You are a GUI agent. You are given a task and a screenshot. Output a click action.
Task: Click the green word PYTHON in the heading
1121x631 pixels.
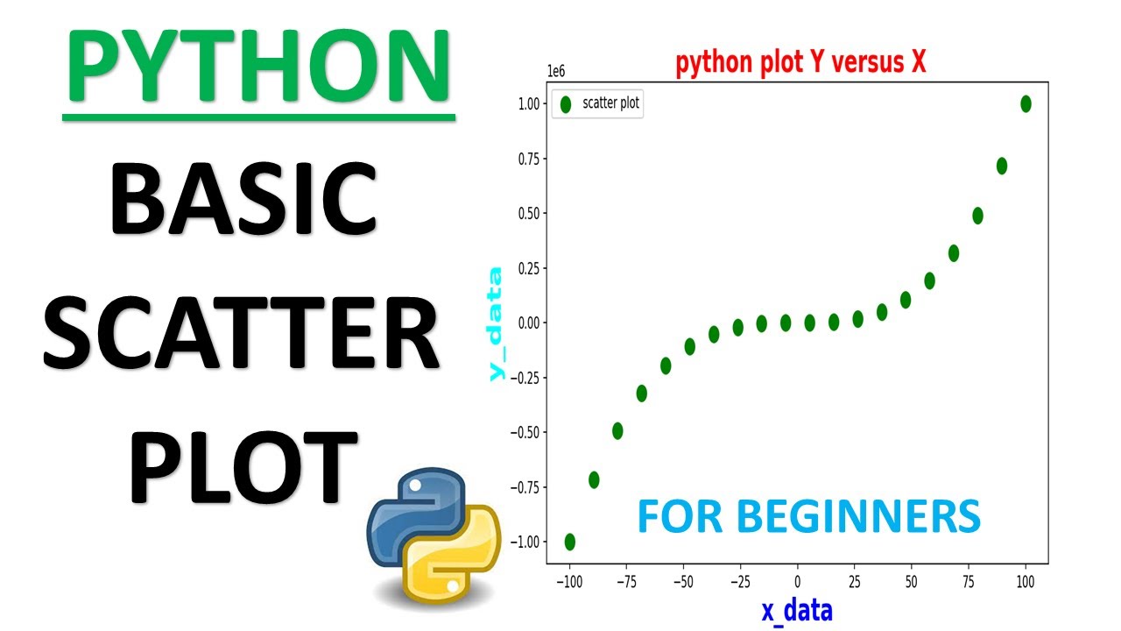pos(259,67)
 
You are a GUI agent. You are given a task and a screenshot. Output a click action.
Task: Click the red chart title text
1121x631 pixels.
pos(800,63)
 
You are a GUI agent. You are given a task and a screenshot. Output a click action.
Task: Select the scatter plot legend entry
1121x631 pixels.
pos(597,103)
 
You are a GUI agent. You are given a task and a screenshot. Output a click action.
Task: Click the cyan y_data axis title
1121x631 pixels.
pos(497,323)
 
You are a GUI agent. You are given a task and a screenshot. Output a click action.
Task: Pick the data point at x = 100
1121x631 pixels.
pos(1026,104)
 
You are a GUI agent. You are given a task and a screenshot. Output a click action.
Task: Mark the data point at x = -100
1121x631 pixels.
pos(570,542)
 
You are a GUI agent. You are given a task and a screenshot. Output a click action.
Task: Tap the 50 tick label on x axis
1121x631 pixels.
pos(911,581)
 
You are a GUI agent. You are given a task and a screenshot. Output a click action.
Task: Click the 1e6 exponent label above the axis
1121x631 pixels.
pos(556,71)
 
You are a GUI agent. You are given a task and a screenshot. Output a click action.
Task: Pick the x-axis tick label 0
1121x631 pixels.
pos(797,581)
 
